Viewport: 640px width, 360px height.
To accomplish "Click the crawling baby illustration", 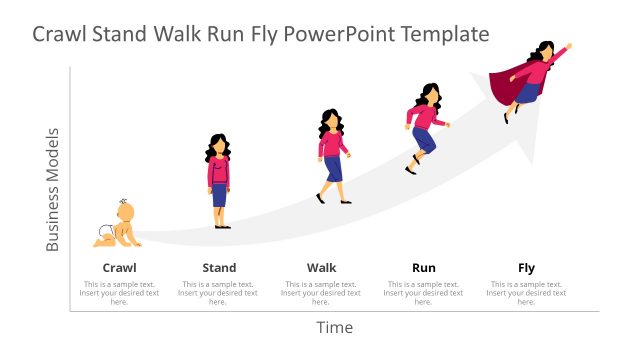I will tap(118, 224).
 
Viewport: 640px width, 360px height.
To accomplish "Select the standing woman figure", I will tap(219, 180).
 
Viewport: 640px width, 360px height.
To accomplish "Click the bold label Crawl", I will tap(120, 267).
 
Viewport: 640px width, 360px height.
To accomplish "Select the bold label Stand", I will tap(219, 267).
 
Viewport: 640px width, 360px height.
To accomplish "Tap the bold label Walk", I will tap(322, 267).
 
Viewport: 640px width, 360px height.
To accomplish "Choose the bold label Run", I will tap(424, 267).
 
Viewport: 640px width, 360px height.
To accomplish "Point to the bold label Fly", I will tap(526, 267).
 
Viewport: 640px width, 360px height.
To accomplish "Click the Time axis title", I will tap(335, 327).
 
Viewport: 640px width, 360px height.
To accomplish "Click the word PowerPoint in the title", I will tap(340, 35).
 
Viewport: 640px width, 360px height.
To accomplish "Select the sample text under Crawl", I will tap(120, 292).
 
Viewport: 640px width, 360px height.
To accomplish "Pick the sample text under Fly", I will tap(526, 292).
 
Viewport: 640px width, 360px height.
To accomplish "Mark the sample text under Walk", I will tap(322, 292).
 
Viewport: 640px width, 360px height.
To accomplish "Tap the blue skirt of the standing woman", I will tap(219, 195).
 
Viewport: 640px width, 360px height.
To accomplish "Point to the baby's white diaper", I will tap(104, 235).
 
